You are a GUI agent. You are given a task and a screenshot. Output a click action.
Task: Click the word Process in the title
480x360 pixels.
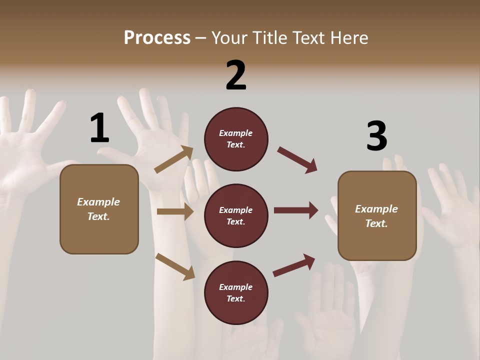tap(157, 37)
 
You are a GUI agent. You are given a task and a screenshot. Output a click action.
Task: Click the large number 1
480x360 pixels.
tap(99, 128)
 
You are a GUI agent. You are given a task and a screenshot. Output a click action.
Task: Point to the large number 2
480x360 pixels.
tap(236, 75)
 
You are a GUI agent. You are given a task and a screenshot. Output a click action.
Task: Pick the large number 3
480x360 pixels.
tap(376, 136)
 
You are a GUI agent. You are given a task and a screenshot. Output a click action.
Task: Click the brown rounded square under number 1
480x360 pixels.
tap(99, 209)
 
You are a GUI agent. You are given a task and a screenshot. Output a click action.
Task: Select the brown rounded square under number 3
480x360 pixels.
tap(377, 216)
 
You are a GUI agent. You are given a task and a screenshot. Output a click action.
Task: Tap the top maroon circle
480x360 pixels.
tap(236, 139)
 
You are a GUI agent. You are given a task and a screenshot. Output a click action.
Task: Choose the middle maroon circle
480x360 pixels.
tap(236, 216)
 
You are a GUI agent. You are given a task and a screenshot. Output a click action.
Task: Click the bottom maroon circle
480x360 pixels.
tap(236, 293)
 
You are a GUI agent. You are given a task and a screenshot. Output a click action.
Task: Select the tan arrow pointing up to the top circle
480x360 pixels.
tap(174, 159)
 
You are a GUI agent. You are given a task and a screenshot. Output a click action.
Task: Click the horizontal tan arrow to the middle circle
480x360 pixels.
tap(175, 211)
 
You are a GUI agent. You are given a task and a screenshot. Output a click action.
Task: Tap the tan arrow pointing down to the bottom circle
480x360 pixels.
tap(175, 266)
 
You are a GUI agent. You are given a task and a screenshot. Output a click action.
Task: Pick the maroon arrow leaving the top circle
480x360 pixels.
tap(297, 160)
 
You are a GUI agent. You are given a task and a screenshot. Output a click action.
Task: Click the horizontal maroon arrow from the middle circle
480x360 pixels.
tap(296, 210)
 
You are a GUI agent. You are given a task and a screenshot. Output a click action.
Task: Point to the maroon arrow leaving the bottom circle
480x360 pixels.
tap(294, 265)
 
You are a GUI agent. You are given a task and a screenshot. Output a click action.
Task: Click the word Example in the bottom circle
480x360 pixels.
tap(236, 287)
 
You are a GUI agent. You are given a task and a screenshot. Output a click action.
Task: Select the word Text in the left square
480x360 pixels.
tap(98, 216)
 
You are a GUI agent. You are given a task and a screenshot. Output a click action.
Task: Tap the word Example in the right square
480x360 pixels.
tap(376, 209)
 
